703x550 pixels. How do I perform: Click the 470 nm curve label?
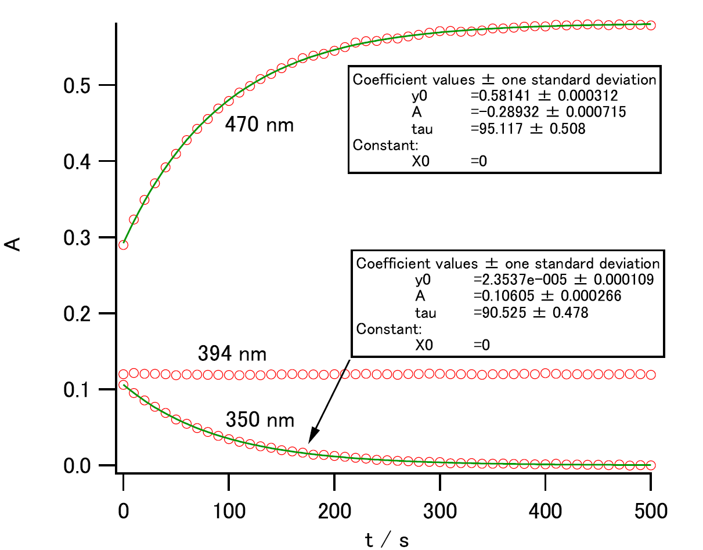click(259, 124)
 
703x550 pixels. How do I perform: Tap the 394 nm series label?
click(232, 353)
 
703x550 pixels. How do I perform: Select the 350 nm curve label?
click(259, 419)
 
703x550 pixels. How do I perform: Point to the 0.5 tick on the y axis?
click(79, 86)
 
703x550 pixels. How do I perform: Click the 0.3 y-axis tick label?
click(79, 238)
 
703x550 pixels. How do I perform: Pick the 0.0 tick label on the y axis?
click(79, 466)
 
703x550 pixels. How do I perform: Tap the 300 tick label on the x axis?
click(439, 511)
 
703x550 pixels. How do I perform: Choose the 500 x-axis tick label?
click(650, 511)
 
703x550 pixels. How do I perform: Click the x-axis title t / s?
click(387, 540)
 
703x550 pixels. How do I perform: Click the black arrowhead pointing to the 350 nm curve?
click(313, 435)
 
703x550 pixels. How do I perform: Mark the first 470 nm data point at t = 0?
click(123, 245)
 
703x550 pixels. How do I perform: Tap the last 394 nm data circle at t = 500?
click(651, 374)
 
